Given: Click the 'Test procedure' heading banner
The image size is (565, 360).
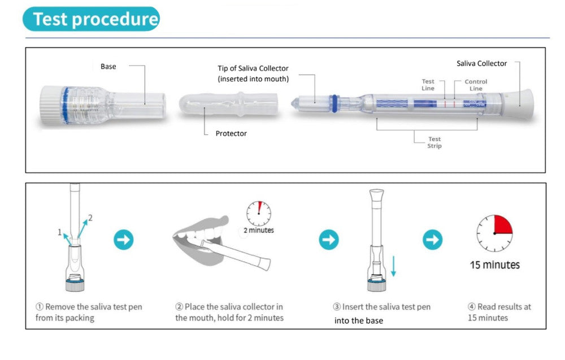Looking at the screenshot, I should pos(91,19).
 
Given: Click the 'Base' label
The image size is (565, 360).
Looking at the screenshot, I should pos(108,67).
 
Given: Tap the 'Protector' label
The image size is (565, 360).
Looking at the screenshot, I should pos(231,134).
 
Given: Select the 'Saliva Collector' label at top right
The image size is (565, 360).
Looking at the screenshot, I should pos(481,63).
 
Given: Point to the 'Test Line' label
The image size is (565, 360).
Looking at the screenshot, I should pos(428,85).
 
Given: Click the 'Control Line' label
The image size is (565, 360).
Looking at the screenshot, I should pos(476,85).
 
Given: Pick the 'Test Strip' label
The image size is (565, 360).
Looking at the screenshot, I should pos(434,142).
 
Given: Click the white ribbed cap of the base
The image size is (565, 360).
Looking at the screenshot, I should pos(50,106).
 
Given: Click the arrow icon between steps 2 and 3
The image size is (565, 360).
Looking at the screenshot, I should pos(328,240).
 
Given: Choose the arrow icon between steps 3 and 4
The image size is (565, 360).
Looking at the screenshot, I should pos(432,240).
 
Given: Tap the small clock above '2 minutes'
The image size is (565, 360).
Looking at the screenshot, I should pos(258,213).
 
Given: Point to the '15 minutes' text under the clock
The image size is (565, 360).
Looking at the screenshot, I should pos(494,264).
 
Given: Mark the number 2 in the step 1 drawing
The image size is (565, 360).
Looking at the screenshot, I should pos(90,218).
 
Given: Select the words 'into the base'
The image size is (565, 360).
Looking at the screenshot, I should pos(359,320).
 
